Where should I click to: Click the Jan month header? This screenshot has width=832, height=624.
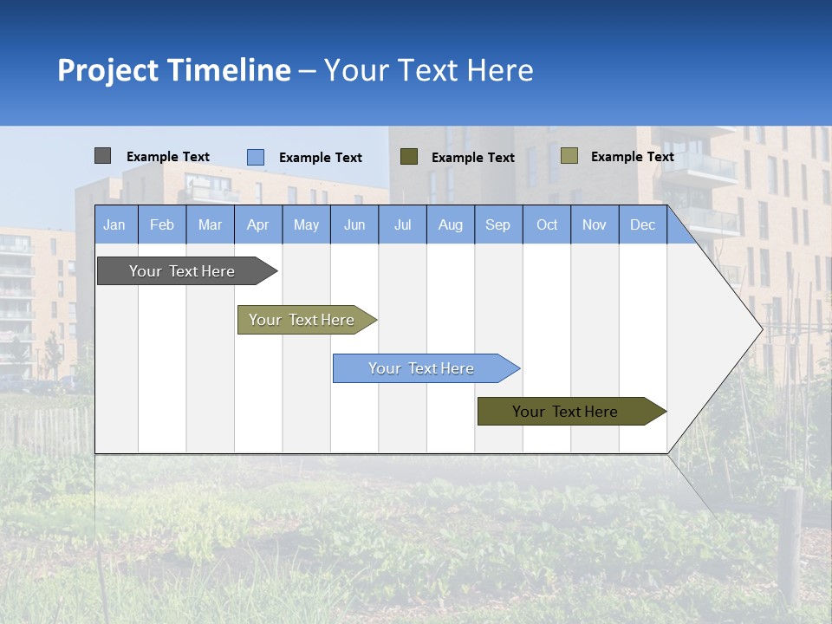tap(114, 224)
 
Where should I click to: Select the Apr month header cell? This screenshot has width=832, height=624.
tap(257, 224)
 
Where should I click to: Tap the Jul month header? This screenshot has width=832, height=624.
tap(402, 224)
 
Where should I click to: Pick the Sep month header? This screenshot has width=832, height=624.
tap(497, 224)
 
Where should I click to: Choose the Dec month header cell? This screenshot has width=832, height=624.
tap(642, 224)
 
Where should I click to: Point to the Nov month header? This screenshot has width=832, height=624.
tap(594, 224)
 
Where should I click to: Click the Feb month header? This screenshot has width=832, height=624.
tap(162, 224)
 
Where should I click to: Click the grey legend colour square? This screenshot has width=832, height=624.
tap(102, 156)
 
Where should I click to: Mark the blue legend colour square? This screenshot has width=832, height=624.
tap(255, 157)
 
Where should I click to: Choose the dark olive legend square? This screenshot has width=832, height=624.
tap(409, 157)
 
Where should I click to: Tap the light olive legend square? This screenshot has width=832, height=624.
tap(569, 156)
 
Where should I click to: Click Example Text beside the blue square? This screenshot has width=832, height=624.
tap(321, 158)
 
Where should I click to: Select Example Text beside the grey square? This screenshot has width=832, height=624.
tap(168, 157)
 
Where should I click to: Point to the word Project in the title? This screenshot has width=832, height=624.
tap(107, 70)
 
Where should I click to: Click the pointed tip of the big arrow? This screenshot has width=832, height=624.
tap(760, 328)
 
